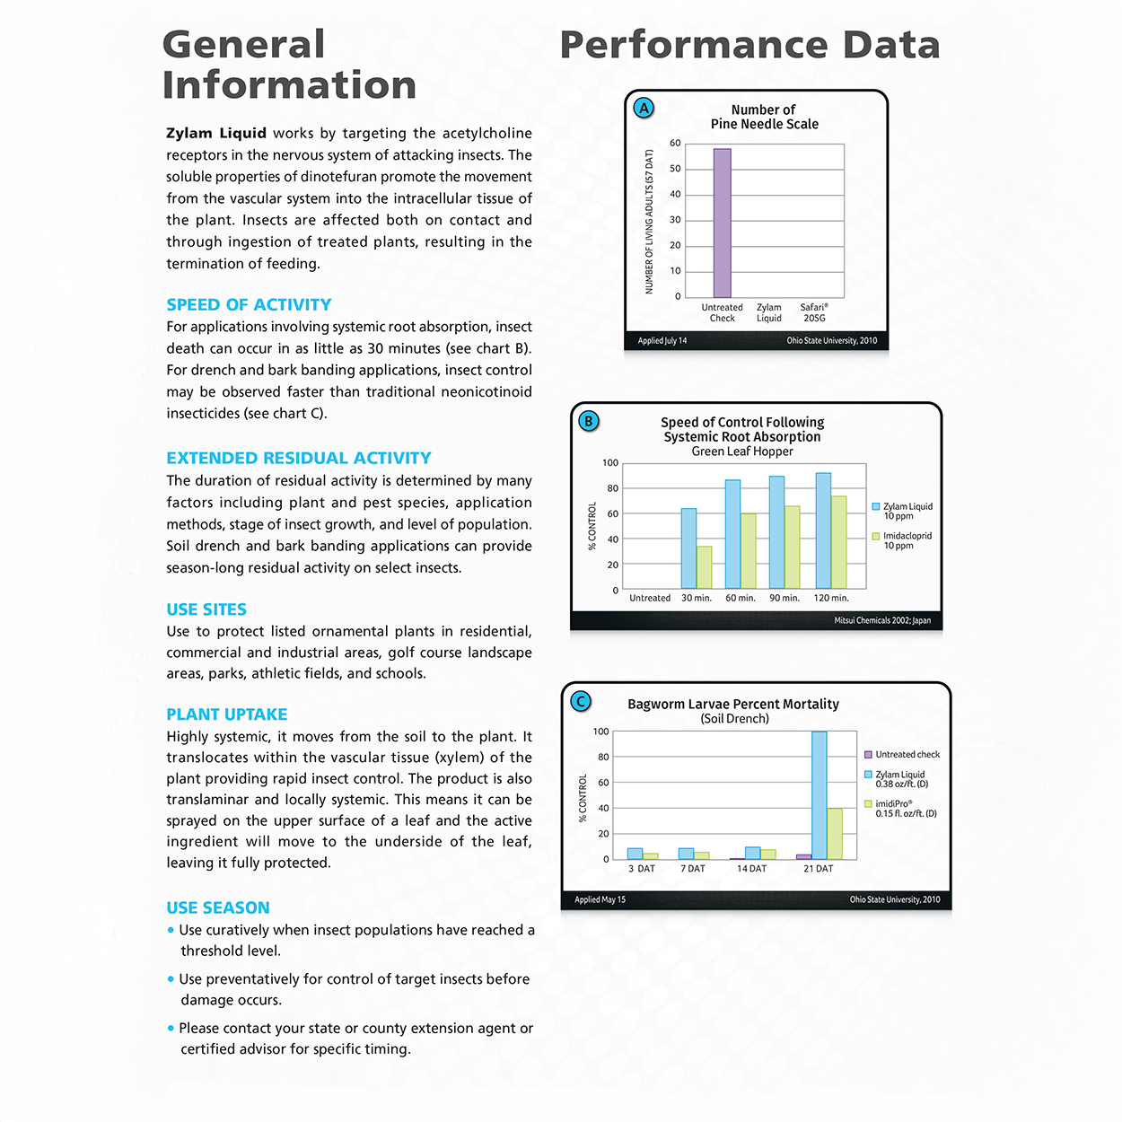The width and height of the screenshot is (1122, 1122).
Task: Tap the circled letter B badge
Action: tap(589, 421)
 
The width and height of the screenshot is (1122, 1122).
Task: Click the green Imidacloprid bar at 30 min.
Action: tap(705, 567)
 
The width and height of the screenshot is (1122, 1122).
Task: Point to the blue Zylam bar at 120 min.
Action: tap(823, 530)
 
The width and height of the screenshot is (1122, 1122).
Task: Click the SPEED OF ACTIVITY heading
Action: tap(249, 305)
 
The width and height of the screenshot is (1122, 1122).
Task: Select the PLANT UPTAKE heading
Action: tap(227, 714)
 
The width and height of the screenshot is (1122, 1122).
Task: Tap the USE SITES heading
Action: tap(206, 609)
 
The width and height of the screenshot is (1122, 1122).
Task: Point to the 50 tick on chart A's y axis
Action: tap(675, 169)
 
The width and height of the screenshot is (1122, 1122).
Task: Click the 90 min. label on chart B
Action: tap(785, 598)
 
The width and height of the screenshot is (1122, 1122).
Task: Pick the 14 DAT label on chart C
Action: tap(752, 869)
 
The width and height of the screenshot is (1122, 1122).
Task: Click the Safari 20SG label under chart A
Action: tap(814, 312)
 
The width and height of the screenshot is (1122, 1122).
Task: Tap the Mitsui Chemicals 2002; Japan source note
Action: tap(882, 620)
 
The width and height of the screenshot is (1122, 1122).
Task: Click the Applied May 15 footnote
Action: tap(600, 899)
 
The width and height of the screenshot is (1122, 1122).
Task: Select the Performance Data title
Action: tap(749, 45)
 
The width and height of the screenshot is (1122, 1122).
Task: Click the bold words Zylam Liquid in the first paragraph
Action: tap(216, 134)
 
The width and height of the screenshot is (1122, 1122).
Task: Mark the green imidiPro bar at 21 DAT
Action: tap(835, 834)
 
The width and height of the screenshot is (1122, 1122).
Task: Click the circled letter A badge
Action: tap(644, 109)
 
